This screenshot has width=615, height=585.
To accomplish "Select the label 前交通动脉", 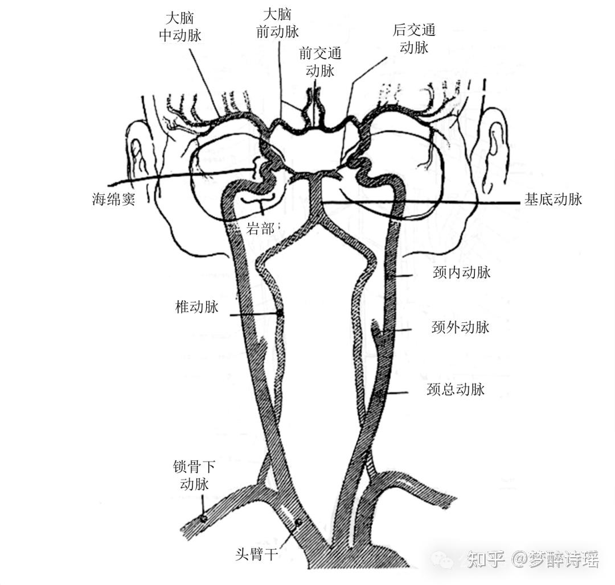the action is click(320, 62).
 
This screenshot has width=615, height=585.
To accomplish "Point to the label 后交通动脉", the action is click(414, 38).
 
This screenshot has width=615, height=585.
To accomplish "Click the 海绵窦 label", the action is click(113, 200).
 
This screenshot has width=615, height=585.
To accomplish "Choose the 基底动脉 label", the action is click(553, 200).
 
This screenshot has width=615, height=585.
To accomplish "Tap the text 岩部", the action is click(260, 229).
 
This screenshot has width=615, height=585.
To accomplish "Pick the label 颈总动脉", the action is click(456, 389).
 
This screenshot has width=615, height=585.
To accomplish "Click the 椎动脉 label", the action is click(197, 308).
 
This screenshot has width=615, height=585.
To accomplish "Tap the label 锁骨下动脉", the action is click(194, 476).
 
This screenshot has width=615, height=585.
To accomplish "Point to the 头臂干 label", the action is click(257, 554).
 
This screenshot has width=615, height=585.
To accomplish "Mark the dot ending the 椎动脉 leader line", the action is click(280, 313).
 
